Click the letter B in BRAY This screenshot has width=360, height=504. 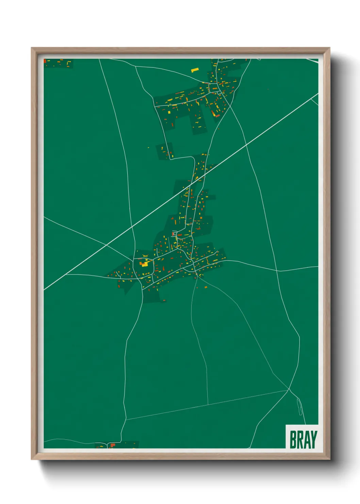coord(293,440)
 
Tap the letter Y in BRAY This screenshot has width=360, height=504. coord(313,440)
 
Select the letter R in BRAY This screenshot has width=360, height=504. coord(299,440)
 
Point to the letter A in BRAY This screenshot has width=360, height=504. coord(306,440)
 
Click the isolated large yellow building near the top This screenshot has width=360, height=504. coord(195,70)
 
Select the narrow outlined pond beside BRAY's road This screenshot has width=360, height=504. coord(300,407)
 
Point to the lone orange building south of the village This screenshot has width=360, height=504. coord(206,288)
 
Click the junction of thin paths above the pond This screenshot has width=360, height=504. coord(289,389)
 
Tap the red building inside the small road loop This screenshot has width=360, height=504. coord(174,234)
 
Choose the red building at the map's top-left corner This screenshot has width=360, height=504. coord(45,61)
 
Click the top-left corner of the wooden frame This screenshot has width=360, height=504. coord(32,48)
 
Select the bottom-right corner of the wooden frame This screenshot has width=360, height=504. coord(329,459)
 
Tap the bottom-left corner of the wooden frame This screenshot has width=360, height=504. coord(32,459)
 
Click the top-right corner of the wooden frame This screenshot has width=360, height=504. coord(329,48)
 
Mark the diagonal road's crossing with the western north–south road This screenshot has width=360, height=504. coord(132,227)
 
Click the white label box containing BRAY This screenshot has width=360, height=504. coord(302,437)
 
